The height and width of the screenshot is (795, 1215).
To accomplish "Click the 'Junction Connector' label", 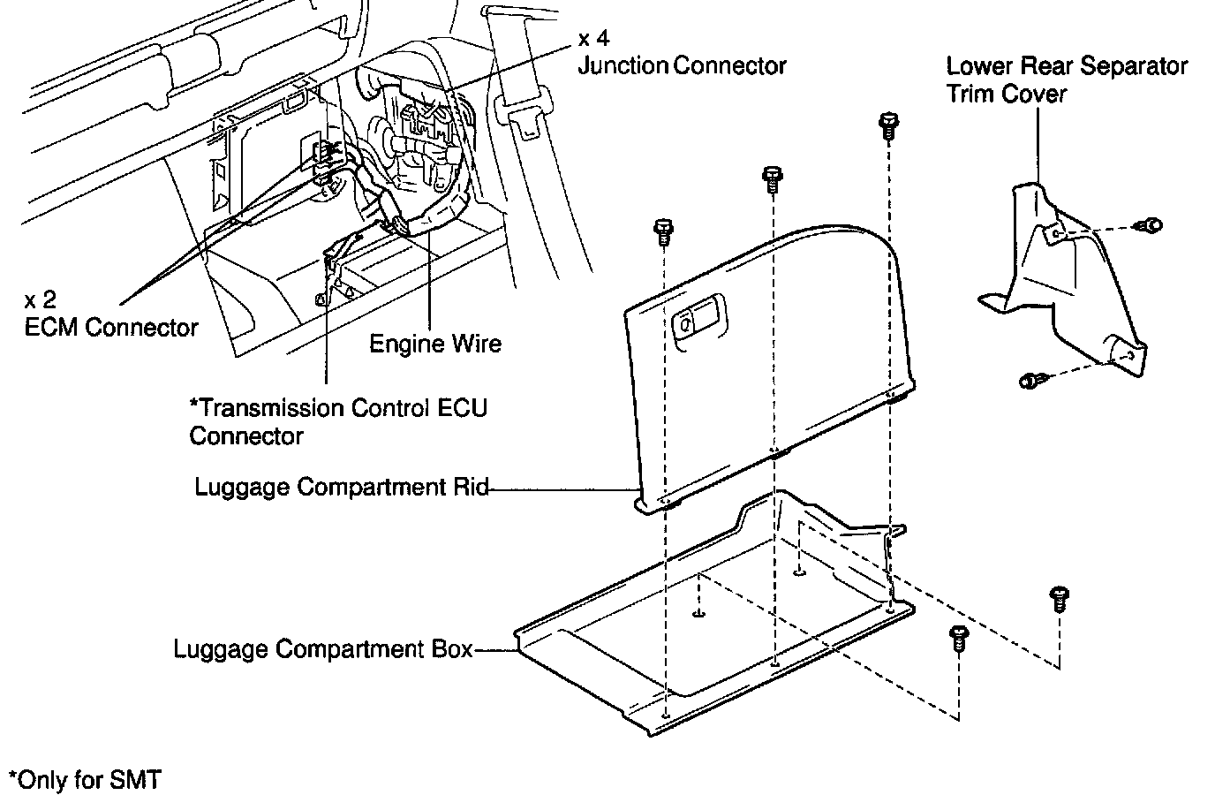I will (x=682, y=65).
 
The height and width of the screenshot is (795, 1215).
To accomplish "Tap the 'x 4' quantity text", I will (x=593, y=39).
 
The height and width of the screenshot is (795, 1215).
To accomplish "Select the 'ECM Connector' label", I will (x=111, y=328).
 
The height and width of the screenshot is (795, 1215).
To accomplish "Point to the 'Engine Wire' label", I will (x=434, y=343).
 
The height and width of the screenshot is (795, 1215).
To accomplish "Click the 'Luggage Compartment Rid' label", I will (x=342, y=487).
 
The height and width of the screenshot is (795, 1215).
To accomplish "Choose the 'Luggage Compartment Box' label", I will (x=323, y=649).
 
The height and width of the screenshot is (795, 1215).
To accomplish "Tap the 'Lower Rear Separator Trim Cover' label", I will (x=1067, y=79).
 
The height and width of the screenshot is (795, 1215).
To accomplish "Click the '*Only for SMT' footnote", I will (x=85, y=780).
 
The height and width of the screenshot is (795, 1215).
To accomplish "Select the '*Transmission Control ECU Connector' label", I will (x=338, y=421).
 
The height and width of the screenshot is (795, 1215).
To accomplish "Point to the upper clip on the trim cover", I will (x=1151, y=225).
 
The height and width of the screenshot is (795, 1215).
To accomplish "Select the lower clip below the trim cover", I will (x=1030, y=381).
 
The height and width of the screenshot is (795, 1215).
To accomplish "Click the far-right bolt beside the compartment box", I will (x=1058, y=598).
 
